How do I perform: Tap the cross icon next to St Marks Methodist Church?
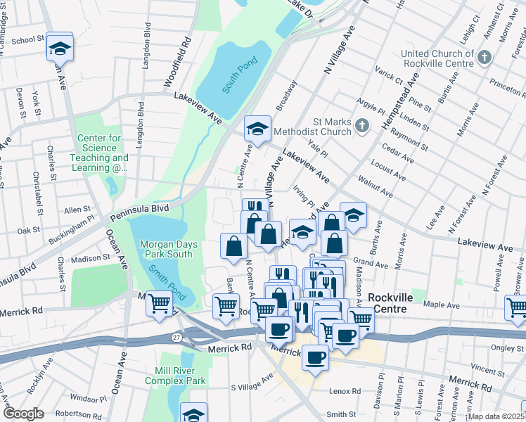[361, 127]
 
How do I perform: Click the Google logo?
[23, 414]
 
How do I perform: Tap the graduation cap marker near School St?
[60, 48]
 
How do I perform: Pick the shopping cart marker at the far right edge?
[517, 307]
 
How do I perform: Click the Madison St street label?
[90, 259]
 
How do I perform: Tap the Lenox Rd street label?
[345, 391]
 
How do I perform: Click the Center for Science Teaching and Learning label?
[103, 153]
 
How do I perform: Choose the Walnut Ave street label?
[375, 186]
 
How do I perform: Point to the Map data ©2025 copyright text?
[495, 416]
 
